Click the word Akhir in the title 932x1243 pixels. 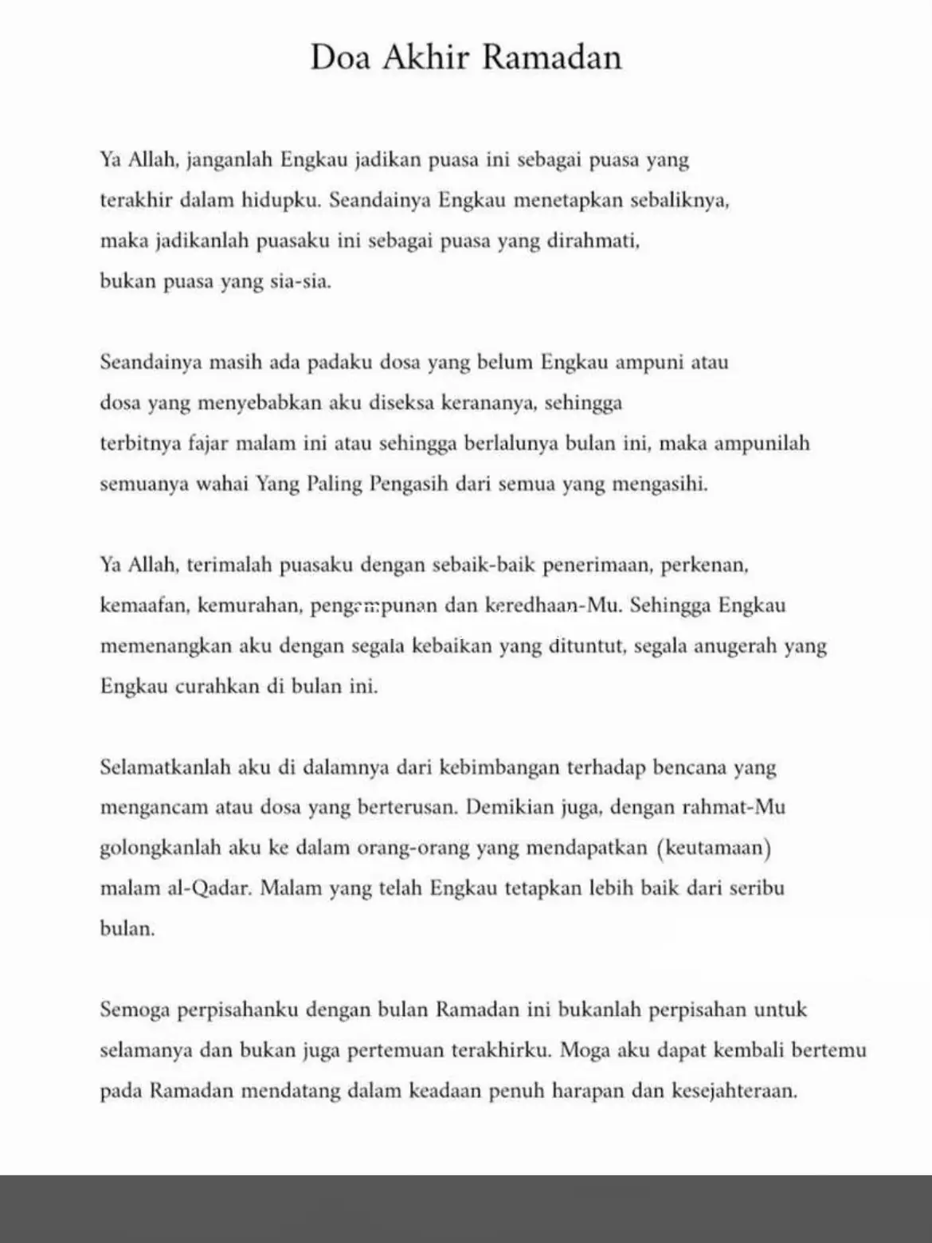(428, 57)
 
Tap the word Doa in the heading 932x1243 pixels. (340, 57)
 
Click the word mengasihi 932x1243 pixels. (659, 484)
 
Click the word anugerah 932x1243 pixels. (735, 645)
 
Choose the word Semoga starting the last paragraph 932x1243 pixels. (134, 1010)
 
